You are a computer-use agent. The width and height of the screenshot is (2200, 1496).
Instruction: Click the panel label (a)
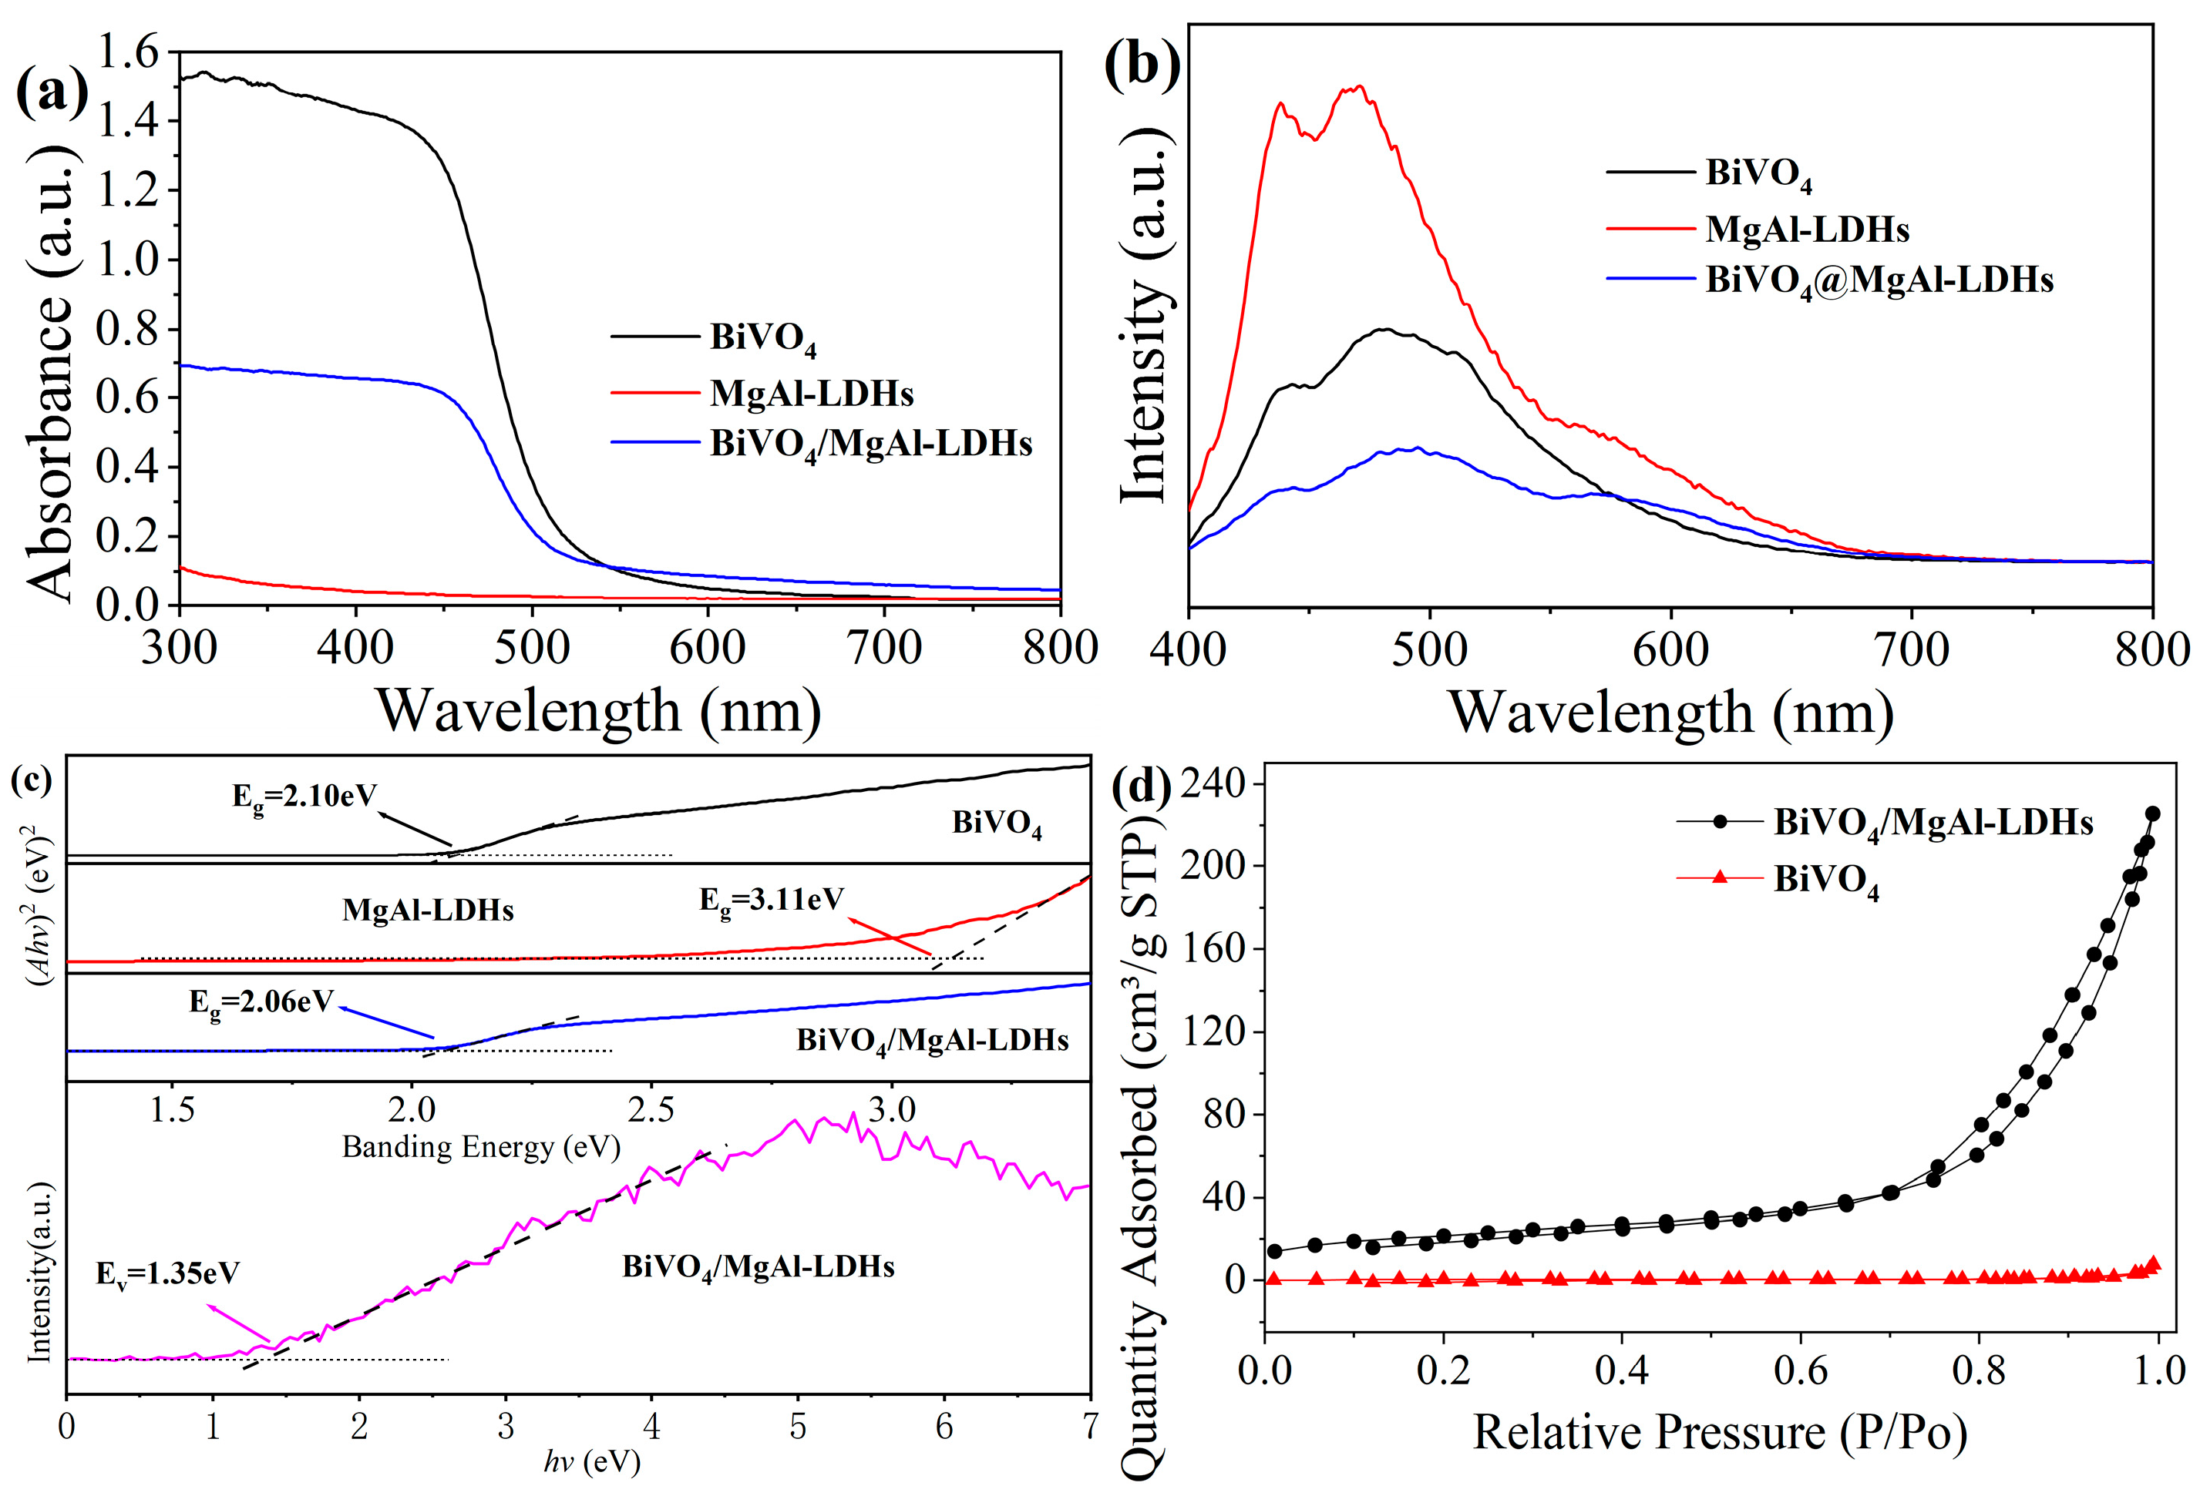[x=52, y=92]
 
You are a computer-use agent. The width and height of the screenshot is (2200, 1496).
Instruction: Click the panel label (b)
[x=1142, y=66]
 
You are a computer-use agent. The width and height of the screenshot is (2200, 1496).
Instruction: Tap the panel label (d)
[x=1142, y=786]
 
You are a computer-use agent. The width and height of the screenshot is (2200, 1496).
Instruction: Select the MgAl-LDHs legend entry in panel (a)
[x=811, y=394]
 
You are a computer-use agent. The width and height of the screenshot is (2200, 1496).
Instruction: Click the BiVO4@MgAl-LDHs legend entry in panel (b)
[x=1879, y=280]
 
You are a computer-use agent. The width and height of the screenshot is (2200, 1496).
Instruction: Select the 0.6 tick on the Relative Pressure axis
[x=1800, y=1371]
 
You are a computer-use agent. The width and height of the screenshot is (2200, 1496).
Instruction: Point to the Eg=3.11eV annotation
[x=772, y=900]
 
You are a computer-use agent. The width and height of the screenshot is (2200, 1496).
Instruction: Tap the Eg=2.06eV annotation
[x=261, y=1002]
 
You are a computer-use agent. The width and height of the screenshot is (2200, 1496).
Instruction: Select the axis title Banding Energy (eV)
[x=481, y=1147]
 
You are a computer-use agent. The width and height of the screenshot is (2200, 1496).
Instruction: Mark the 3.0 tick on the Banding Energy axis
[x=891, y=1109]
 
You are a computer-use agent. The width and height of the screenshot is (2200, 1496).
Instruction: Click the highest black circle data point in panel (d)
[x=2151, y=813]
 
